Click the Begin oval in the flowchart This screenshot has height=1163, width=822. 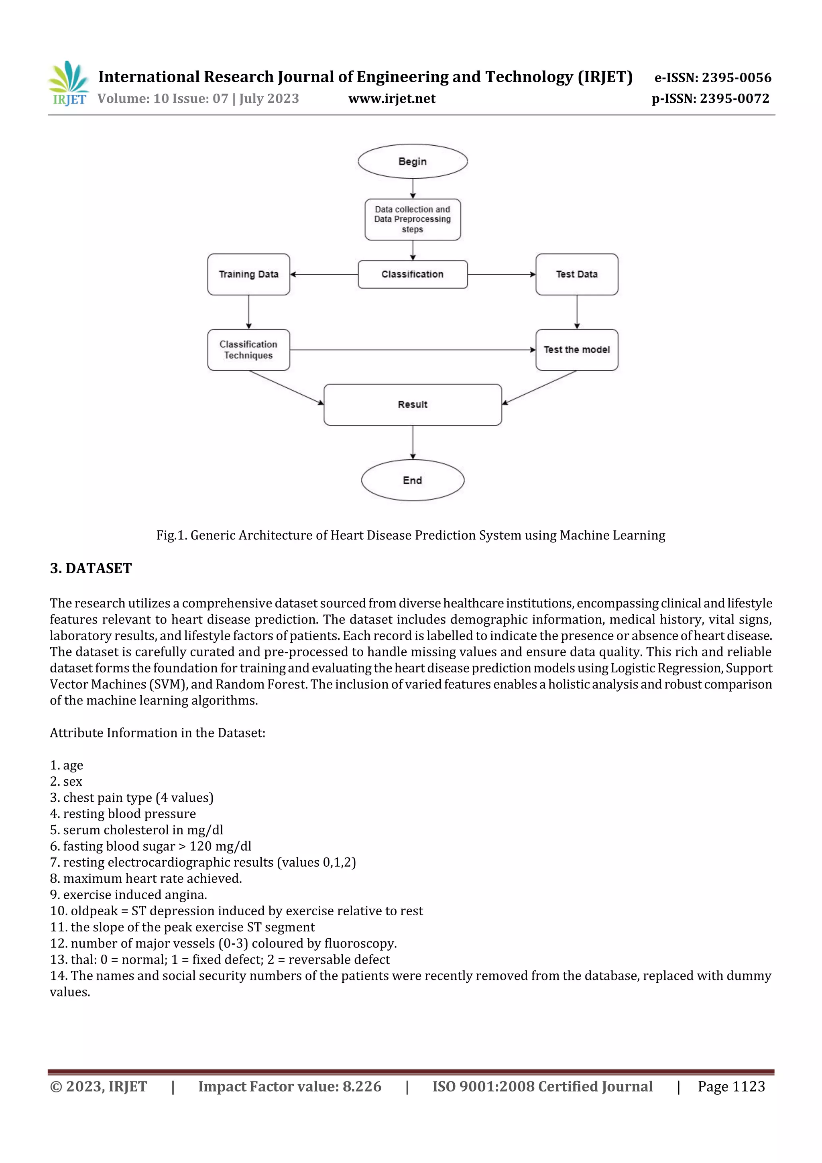coord(412,162)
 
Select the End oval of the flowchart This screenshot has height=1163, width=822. coord(412,480)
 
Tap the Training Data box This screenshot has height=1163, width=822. coord(249,275)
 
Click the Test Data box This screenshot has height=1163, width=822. coord(576,275)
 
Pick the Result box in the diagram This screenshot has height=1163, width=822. coord(412,405)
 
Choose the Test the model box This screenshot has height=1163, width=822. coord(576,350)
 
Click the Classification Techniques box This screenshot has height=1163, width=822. coord(249,350)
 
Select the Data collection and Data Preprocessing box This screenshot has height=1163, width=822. coord(412,219)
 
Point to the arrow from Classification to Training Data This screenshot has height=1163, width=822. coord(324,275)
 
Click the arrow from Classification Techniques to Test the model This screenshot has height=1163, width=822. coord(412,350)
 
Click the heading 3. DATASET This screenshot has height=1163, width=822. coord(91,568)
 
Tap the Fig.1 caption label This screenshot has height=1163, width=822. coord(172,536)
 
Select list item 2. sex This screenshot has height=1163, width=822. coord(66,782)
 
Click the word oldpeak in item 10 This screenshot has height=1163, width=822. coord(94,911)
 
